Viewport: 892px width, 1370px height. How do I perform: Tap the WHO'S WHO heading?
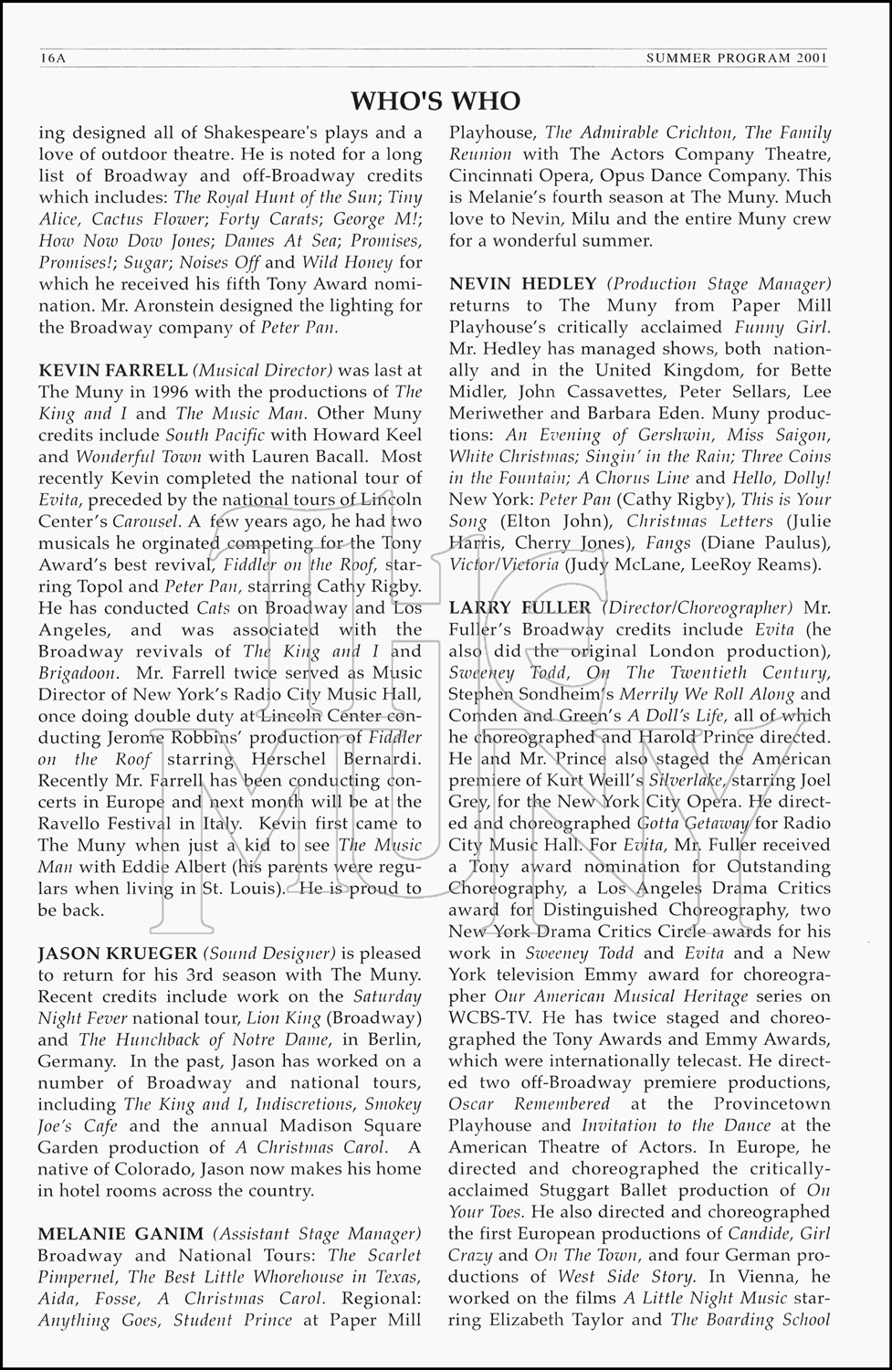436,100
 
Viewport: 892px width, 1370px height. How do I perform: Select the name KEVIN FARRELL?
112,370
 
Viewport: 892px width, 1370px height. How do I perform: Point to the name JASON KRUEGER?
111,954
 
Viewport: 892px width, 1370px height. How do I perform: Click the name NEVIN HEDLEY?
523,284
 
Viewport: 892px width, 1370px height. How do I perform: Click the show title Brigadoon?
78,673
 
